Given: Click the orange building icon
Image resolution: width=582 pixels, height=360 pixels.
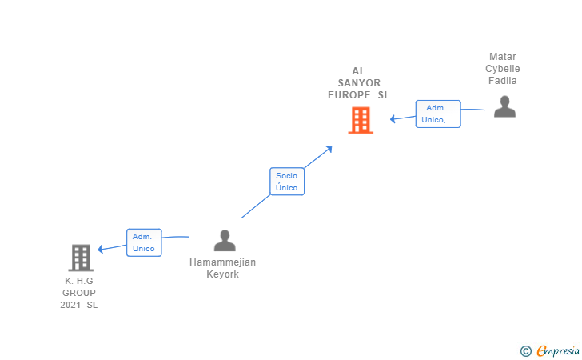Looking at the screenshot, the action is [x=361, y=120].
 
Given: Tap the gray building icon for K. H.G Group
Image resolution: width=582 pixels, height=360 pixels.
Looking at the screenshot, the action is [x=81, y=258].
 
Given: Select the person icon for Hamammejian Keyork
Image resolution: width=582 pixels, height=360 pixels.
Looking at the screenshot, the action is [x=225, y=240].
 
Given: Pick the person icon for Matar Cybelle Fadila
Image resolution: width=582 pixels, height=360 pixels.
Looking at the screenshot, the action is [x=504, y=106].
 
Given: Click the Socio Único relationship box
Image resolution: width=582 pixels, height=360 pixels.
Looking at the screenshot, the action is [x=287, y=182].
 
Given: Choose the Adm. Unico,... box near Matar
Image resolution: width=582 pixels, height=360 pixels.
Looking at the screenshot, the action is [x=438, y=114].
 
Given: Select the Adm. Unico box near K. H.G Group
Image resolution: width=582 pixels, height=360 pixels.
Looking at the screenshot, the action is [x=144, y=242].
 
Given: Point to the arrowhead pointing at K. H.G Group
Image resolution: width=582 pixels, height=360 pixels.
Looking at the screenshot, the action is [x=100, y=250].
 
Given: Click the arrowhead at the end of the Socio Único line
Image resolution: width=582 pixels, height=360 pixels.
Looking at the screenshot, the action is [x=329, y=149].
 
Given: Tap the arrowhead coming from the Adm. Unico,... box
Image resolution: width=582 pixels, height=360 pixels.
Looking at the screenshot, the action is [x=393, y=119].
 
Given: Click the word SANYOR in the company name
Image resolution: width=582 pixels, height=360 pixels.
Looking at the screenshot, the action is [x=359, y=83].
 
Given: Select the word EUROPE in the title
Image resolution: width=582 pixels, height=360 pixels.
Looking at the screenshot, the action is [x=349, y=95].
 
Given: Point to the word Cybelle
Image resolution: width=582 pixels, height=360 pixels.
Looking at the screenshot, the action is [x=503, y=69].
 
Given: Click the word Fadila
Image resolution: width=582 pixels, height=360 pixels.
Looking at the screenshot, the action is [x=503, y=81].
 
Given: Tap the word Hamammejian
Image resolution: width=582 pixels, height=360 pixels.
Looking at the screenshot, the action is [x=223, y=262].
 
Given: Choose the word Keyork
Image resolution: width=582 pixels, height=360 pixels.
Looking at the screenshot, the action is [x=223, y=274].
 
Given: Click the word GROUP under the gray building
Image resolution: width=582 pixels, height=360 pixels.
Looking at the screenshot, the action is [x=79, y=293].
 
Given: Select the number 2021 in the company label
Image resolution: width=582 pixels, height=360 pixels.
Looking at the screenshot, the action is [x=70, y=305].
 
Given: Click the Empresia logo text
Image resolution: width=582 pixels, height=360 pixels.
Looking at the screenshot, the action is [x=558, y=350].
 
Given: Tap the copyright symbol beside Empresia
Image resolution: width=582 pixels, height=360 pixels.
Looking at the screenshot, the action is [x=526, y=351].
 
